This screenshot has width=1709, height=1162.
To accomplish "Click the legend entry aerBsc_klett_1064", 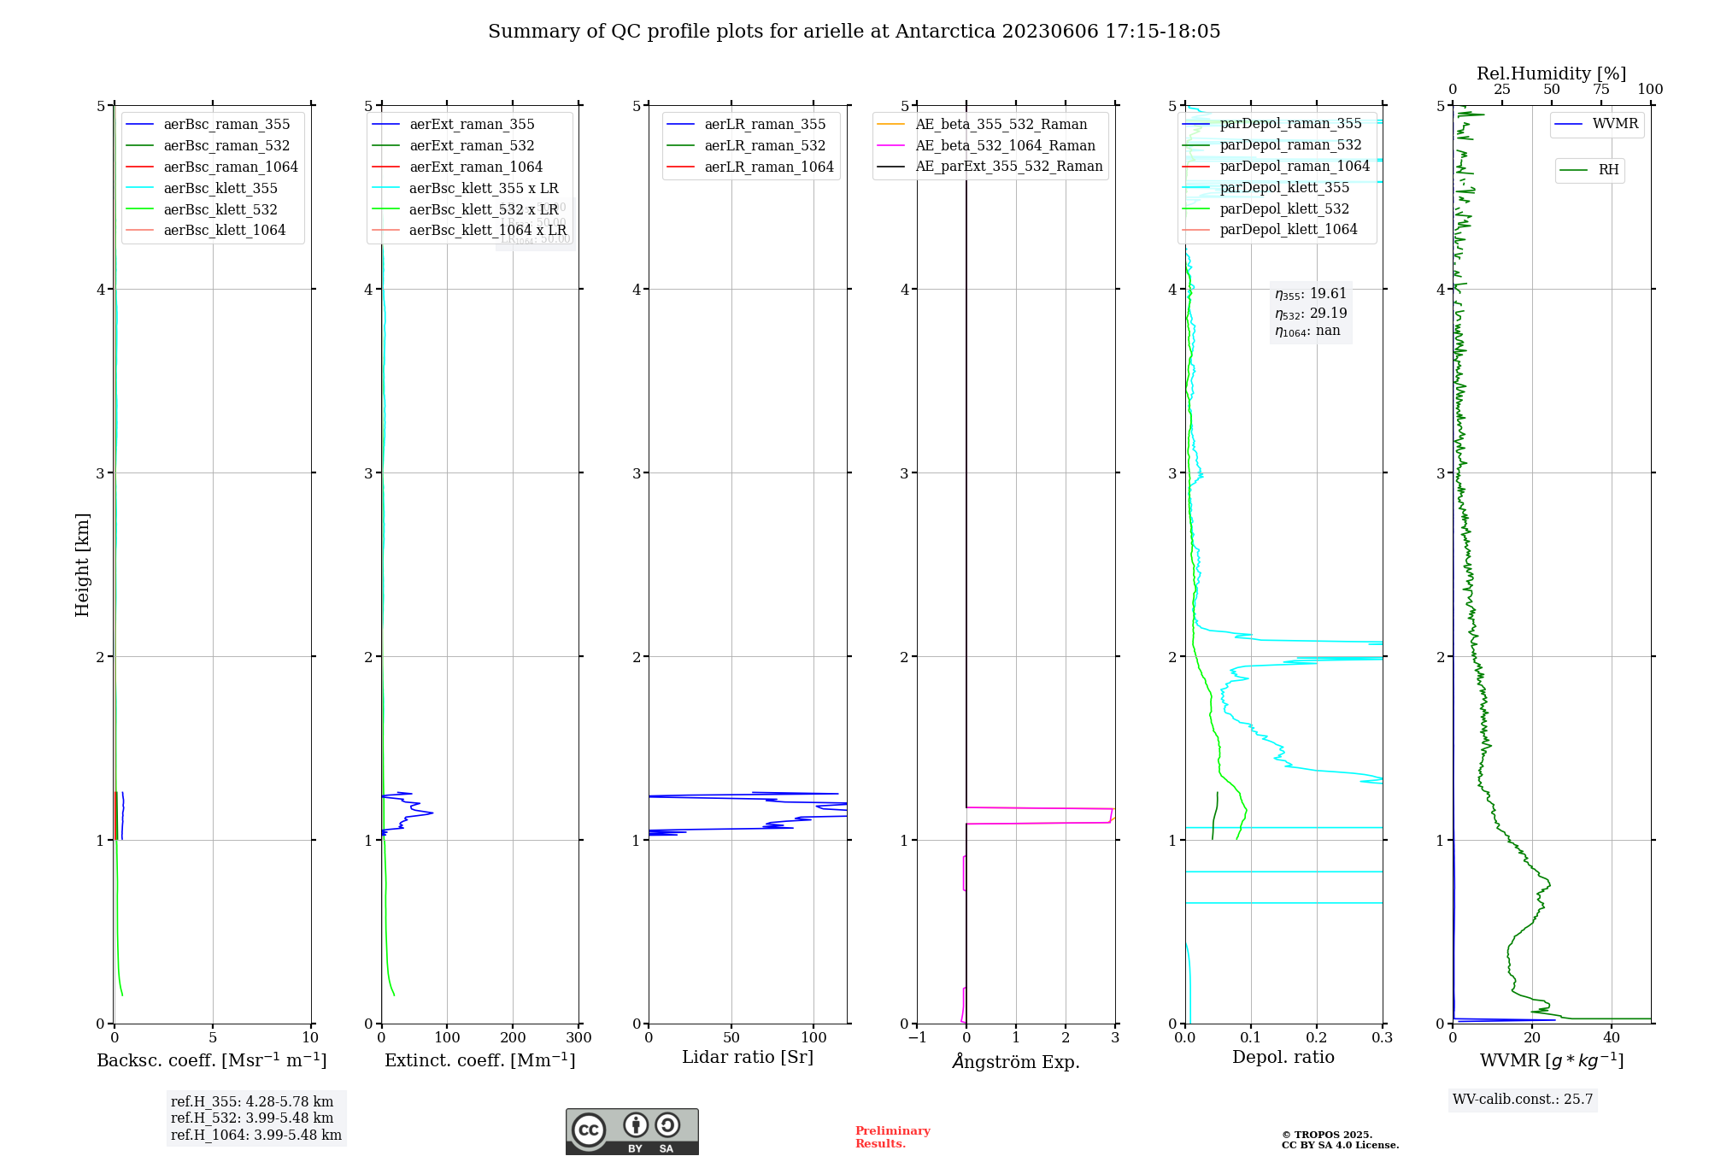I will [x=224, y=231].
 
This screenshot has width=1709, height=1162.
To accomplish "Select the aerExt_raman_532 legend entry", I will [x=472, y=146].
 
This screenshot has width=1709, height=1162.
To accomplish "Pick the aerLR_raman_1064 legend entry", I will [x=768, y=167].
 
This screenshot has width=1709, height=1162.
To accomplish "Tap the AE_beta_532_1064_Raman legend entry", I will [x=1005, y=146].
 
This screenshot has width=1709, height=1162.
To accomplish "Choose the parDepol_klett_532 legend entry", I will [x=1283, y=209].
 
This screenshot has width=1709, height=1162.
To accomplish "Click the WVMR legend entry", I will [x=1615, y=124].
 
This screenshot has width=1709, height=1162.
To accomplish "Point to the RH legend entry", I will [x=1608, y=170].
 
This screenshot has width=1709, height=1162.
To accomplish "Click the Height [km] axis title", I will [x=82, y=565].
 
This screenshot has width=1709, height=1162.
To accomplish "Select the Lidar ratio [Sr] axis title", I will [x=748, y=1057].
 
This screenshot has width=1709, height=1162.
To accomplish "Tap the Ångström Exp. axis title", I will [x=1016, y=1061].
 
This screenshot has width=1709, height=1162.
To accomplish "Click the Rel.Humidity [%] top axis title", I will [x=1551, y=73].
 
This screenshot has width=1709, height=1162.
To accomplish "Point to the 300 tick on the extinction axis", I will [x=579, y=1038].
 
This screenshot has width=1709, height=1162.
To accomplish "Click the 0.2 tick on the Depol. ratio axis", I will [x=1317, y=1038].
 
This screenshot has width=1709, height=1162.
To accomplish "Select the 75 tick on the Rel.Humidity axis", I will [x=1601, y=90].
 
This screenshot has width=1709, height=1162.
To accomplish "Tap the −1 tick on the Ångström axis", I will [x=917, y=1038].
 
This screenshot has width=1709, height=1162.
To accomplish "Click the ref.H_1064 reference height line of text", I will [x=256, y=1136].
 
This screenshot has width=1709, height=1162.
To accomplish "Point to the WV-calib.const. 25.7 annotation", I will [x=1523, y=1100].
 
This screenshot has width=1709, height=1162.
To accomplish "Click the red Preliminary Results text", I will [x=892, y=1137].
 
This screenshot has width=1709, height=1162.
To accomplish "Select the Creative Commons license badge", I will [x=631, y=1132].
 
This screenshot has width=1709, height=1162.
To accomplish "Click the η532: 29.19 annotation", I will [x=1311, y=314].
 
